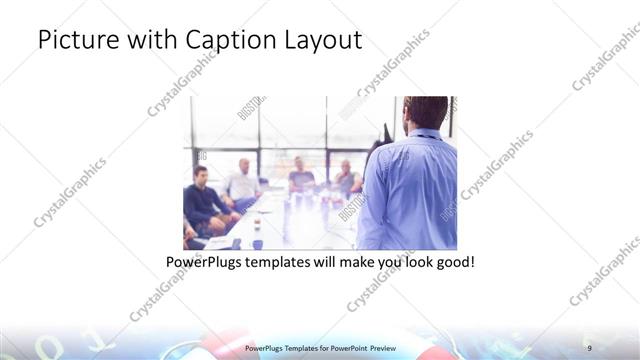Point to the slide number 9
coord(589,347)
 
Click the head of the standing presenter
coord(427,113)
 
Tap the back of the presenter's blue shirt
coord(415,190)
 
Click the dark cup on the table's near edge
coord(257,243)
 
